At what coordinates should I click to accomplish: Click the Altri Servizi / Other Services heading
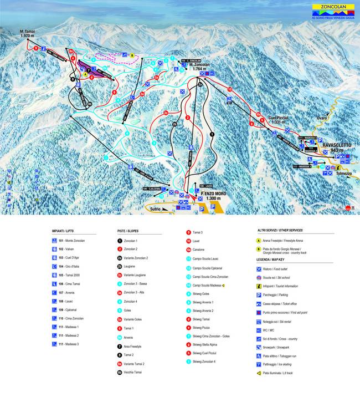(x=272, y=230)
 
